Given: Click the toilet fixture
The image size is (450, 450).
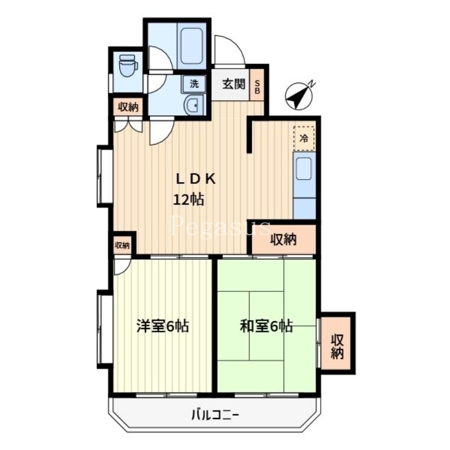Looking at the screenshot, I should coord(129,65).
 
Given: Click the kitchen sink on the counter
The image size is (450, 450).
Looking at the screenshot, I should coord(304,169).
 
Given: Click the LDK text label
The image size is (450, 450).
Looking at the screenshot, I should coord(196,179).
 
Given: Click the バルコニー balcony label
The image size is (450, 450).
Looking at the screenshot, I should coord(215,416).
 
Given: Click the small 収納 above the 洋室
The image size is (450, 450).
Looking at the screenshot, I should coord(122,245).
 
